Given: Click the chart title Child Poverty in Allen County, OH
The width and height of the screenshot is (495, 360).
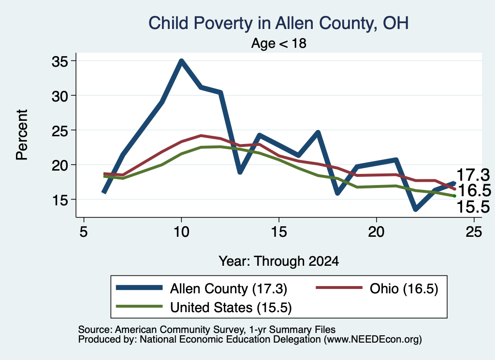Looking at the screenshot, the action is [278, 23].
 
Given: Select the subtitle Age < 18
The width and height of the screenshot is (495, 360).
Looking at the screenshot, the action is [278, 43].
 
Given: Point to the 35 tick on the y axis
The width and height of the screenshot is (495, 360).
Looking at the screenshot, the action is [59, 61].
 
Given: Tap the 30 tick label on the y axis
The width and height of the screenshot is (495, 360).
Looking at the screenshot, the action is [59, 96].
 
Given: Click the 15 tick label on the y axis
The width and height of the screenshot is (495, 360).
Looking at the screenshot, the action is [59, 200].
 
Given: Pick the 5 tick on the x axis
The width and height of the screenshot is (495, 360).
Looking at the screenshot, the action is [84, 232].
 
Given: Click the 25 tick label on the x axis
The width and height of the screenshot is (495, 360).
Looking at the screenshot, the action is [474, 232].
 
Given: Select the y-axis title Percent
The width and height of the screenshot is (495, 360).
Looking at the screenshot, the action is [22, 135].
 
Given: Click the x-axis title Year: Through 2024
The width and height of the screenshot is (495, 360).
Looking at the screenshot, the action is [279, 261].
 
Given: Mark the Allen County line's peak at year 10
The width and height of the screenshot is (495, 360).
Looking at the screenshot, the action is [181, 60].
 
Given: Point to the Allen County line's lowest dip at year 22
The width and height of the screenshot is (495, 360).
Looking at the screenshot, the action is [415, 209].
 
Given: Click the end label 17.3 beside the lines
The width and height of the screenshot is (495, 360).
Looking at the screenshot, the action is [473, 175].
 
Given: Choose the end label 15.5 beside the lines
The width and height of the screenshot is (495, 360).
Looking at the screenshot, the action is [473, 207].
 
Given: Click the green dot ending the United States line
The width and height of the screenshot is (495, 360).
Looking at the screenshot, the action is [454, 196].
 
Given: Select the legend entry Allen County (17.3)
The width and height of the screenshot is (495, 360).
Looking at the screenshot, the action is [229, 288].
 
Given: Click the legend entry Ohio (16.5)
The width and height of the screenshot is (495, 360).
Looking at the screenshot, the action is [404, 288].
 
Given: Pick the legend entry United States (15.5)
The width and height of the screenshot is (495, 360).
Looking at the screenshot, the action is [231, 307].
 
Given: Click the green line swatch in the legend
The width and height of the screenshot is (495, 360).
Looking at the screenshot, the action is [139, 306].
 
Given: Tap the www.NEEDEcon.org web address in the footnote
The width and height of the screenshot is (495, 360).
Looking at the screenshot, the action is [373, 340].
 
